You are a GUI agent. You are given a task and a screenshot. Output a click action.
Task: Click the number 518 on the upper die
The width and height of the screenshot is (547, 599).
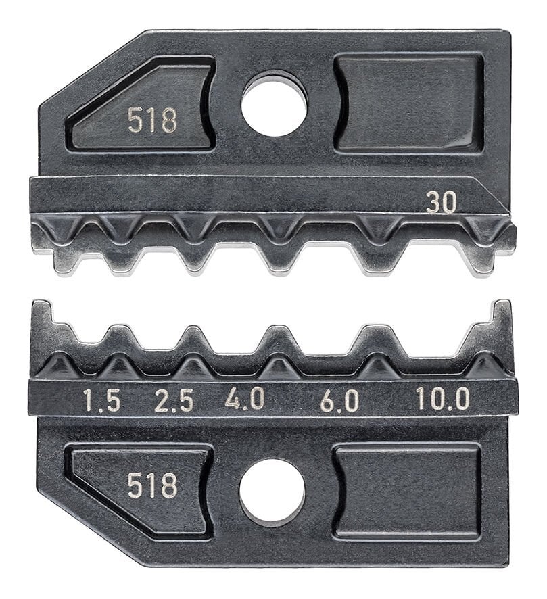[152, 120]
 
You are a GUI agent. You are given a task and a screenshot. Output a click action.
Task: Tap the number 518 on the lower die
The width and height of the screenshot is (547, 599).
[152, 485]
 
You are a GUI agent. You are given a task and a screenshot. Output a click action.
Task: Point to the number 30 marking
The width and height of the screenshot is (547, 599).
[441, 201]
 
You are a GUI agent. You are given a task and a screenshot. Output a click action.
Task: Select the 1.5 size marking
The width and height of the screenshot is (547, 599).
[101, 401]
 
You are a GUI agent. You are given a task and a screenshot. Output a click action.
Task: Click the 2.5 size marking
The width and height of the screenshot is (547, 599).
[173, 401]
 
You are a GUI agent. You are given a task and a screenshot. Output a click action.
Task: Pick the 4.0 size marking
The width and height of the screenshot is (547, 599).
[244, 400]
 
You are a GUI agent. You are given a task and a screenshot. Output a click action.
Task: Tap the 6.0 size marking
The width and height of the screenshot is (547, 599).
[339, 401]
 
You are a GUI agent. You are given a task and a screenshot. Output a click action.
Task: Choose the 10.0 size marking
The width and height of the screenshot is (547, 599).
[442, 400]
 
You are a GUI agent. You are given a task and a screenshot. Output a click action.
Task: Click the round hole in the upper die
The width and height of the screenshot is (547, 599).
[274, 104]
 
